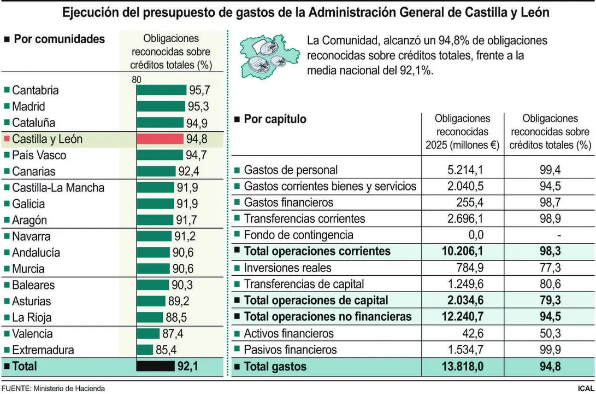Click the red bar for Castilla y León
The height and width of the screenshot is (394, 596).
click(160, 139)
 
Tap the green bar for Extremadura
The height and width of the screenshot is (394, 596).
click(145, 350)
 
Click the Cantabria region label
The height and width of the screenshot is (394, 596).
click(35, 90)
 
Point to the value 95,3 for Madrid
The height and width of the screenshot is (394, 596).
click(199, 107)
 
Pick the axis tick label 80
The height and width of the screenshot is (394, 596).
click(136, 80)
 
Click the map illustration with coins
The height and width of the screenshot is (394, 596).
click(267, 56)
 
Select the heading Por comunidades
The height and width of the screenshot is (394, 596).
click(59, 39)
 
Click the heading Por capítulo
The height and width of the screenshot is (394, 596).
click(275, 119)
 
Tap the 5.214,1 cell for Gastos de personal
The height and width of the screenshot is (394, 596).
click(464, 170)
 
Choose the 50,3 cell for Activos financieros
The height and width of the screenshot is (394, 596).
click(549, 333)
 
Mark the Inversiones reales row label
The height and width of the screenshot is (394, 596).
click(287, 268)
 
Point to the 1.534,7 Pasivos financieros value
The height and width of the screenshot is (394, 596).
click(464, 350)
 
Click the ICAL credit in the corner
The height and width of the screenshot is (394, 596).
click(585, 388)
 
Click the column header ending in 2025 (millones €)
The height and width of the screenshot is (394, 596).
click(462, 132)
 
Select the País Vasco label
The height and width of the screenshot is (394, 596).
click(39, 155)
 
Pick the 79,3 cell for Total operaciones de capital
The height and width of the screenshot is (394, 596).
click(549, 300)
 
